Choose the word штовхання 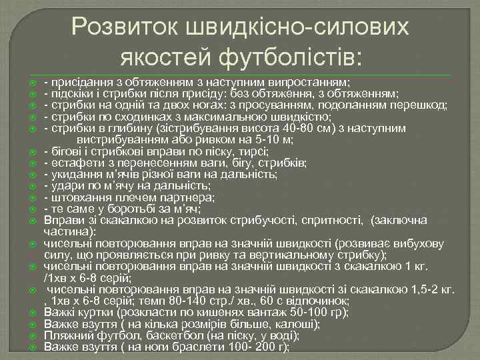click(76, 197)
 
